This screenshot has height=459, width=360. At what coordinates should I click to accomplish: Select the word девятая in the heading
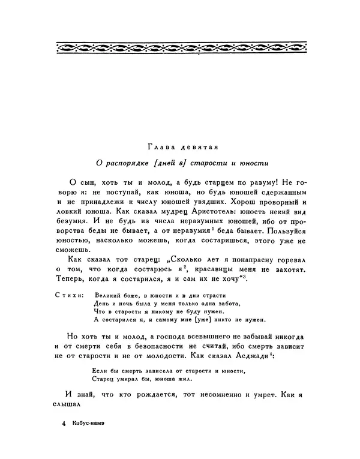tap(200, 146)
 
